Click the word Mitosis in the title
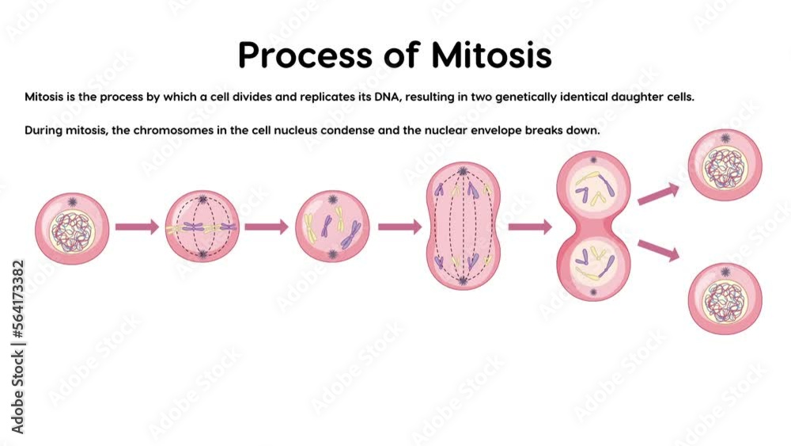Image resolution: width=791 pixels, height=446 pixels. click(491, 55)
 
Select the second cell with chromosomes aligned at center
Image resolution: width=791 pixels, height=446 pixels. click(202, 227)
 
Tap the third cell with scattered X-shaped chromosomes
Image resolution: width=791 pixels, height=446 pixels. click(332, 227)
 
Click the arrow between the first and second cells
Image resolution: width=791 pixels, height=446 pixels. click(137, 227)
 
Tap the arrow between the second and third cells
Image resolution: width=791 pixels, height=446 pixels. click(267, 227)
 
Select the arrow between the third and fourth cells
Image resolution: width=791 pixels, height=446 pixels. click(399, 227)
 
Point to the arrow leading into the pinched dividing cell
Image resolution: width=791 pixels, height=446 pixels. click(529, 227)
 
